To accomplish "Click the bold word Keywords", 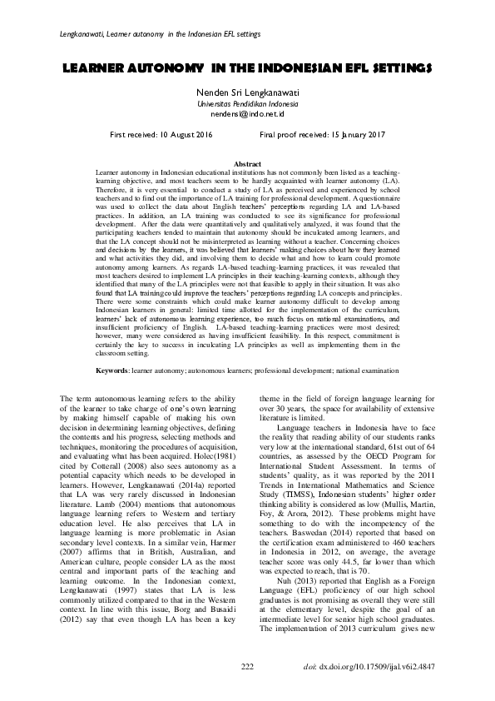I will tap(111, 392).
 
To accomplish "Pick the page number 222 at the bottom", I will tap(247, 667).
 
